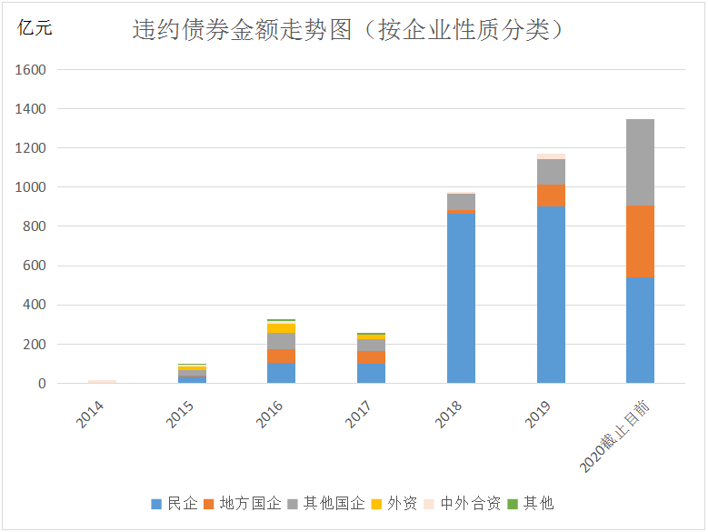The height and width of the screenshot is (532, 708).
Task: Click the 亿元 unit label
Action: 35,28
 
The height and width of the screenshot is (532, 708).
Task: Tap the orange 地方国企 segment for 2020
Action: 640,241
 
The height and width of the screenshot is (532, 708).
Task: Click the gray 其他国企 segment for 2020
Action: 640,162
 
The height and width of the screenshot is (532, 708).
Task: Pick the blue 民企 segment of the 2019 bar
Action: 551,295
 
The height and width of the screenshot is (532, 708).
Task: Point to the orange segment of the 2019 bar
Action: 551,196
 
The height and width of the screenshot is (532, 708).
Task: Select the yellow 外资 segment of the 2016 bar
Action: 281,327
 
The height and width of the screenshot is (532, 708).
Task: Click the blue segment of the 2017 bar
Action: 371,373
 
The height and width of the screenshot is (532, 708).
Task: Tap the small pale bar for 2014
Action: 102,382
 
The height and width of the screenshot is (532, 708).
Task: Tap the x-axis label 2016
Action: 268,417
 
